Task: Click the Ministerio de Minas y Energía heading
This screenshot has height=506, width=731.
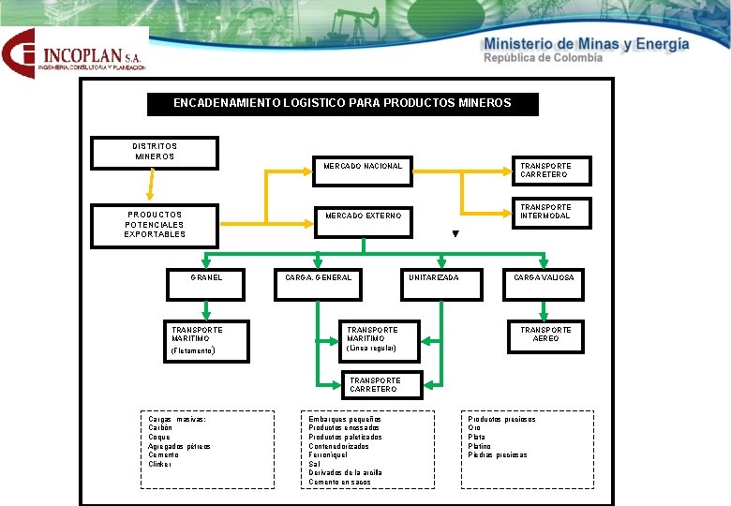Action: [586, 44]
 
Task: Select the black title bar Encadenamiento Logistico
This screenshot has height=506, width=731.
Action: [343, 103]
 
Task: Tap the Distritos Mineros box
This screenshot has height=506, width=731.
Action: [155, 152]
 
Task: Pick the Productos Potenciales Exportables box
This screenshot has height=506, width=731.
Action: [155, 225]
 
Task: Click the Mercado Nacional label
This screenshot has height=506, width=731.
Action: [363, 167]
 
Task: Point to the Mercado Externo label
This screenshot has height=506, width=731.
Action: [363, 216]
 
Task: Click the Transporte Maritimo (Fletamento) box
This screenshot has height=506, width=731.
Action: [206, 340]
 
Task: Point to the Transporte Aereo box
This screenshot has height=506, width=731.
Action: [545, 335]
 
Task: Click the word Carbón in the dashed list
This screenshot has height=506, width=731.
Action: [161, 428]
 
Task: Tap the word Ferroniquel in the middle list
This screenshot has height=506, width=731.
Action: [329, 455]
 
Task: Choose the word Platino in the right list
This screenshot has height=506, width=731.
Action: [480, 446]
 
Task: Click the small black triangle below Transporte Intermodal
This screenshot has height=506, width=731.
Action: [455, 234]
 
